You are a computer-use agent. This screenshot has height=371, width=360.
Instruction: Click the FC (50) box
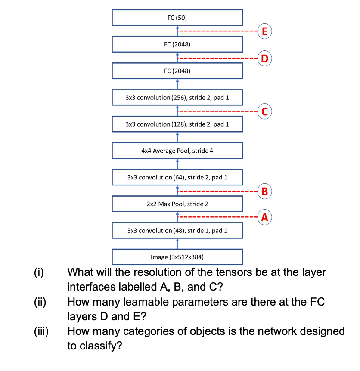[x=177, y=18]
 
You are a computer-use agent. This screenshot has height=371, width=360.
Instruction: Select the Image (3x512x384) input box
[x=177, y=257]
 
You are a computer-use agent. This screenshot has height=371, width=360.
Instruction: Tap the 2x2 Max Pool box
[x=177, y=204]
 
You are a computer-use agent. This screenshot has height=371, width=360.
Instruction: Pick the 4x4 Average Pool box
[x=177, y=151]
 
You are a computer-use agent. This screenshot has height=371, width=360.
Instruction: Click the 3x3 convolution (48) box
[x=177, y=230]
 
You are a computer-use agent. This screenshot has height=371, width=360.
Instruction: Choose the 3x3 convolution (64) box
[x=177, y=177]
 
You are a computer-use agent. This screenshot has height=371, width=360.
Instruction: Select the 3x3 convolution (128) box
[x=177, y=124]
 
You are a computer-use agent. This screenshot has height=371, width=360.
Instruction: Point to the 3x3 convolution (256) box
[x=177, y=98]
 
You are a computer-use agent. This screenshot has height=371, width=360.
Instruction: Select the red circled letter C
[x=265, y=111]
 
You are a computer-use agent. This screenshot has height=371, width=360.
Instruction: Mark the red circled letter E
[x=265, y=31]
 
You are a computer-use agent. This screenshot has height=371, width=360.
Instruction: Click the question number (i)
[x=40, y=272]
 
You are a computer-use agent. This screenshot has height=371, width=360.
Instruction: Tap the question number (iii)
[x=42, y=331]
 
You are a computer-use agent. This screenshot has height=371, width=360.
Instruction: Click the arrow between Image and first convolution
[x=177, y=244]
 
